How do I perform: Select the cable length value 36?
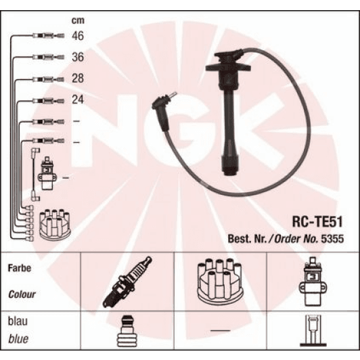pyautogui.click(x=77, y=58)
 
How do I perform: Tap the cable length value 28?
pyautogui.click(x=77, y=79)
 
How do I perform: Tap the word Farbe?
pyautogui.click(x=20, y=268)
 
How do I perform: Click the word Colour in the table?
pyautogui.click(x=22, y=295)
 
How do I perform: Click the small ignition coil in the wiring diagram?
pyautogui.click(x=47, y=177)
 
